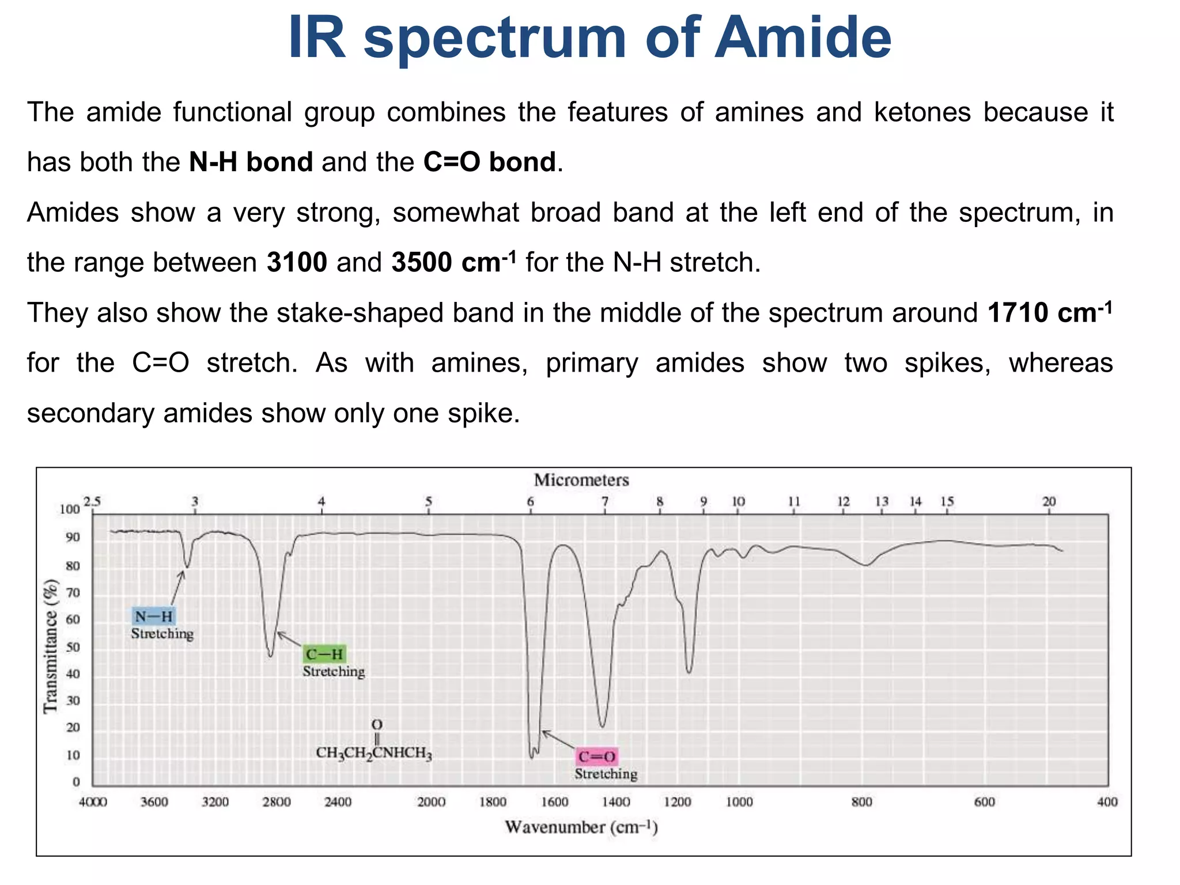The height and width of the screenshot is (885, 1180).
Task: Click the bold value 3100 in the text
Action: [x=297, y=263]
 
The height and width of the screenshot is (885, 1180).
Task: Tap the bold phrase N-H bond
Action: [x=251, y=162]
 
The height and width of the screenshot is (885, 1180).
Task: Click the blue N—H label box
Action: [x=153, y=617]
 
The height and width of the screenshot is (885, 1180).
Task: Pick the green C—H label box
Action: [x=324, y=654]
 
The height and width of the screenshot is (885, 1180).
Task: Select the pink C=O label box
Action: [x=597, y=757]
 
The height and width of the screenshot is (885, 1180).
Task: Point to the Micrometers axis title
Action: [x=581, y=480]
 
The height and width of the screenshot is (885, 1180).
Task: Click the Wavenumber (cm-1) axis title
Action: [x=581, y=827]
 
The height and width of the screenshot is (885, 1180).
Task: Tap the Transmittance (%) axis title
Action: [x=51, y=646]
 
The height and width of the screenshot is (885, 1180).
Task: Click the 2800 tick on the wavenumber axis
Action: [x=277, y=802]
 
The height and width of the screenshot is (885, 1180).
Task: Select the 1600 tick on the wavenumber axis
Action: [x=554, y=802]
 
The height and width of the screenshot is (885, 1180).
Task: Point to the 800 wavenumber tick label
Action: [x=861, y=802]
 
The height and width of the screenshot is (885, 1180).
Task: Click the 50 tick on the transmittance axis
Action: [x=73, y=647]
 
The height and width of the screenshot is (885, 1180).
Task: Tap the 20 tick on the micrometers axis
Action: [x=1049, y=501]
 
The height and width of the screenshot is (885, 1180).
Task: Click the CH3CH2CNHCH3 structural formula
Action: [x=374, y=752]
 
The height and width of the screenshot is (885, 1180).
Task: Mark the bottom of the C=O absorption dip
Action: [x=531, y=756]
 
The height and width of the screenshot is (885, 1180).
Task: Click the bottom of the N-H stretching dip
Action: [x=186, y=566]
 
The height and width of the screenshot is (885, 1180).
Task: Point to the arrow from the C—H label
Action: [x=289, y=639]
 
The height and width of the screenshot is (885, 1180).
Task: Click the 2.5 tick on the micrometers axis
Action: [x=92, y=501]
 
